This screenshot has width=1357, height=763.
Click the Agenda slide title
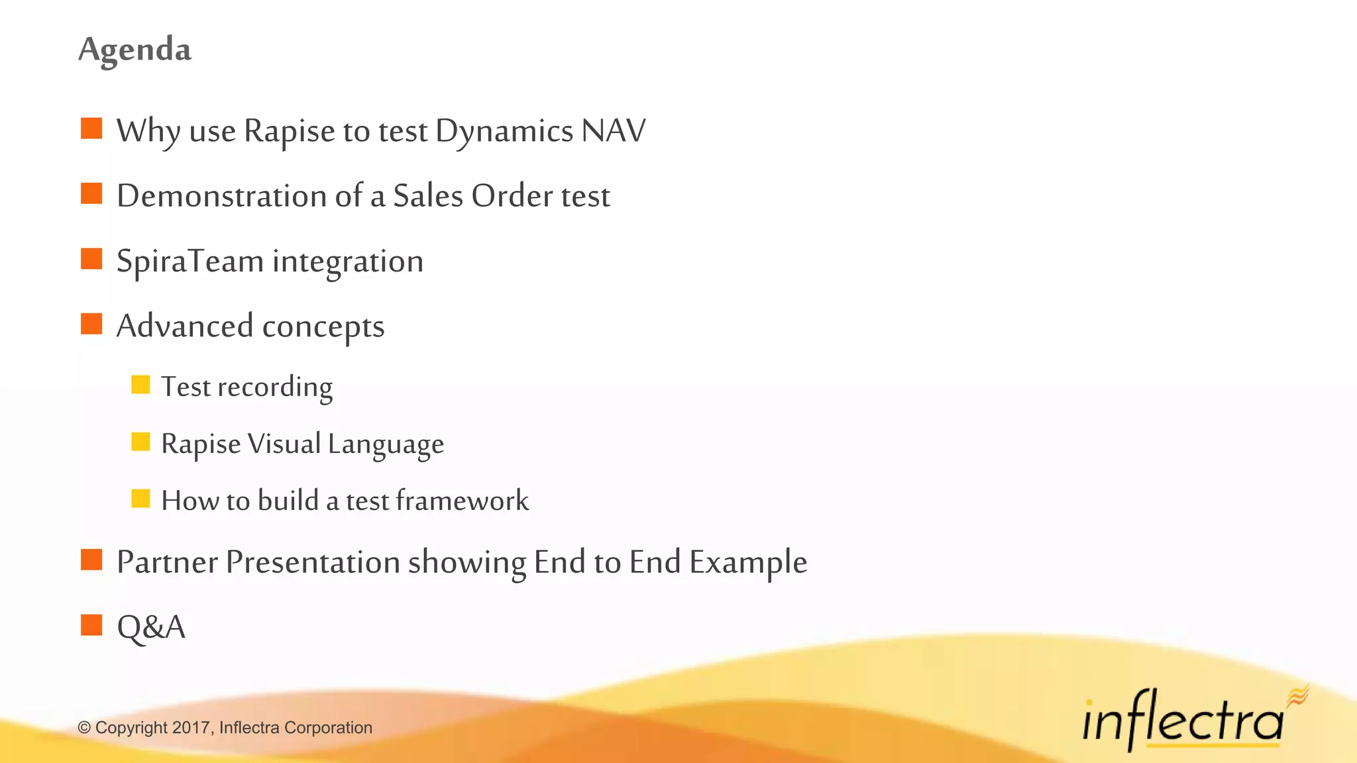135,50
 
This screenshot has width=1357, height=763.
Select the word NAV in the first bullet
613,131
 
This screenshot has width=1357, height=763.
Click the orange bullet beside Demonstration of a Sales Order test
91,194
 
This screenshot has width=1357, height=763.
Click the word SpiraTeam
190,262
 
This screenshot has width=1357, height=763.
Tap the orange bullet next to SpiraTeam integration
91,259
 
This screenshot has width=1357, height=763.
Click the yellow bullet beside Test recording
140,385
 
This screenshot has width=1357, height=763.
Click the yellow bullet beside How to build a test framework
140,499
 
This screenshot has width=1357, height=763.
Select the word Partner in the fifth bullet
167,562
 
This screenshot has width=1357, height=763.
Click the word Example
748,563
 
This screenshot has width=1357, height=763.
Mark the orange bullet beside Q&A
91,625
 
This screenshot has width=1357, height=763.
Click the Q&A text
151,627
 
